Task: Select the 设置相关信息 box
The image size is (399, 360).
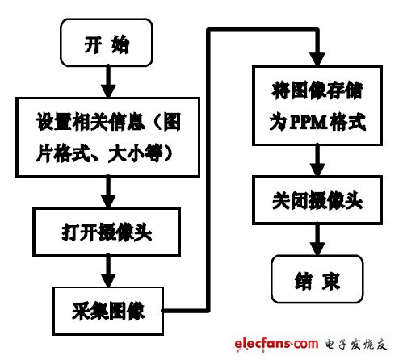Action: (x=107, y=138)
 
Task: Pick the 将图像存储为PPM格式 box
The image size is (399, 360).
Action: (x=313, y=112)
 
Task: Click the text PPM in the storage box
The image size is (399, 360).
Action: (x=305, y=125)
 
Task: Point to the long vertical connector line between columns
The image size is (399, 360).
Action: (x=209, y=170)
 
